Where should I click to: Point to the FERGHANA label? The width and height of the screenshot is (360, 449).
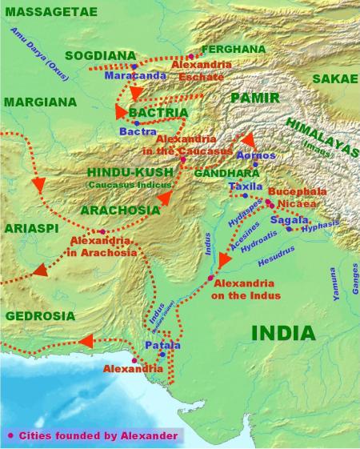coord(233,49)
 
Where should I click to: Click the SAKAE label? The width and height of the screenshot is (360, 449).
coord(334,78)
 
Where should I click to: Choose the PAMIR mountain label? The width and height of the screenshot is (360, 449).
coord(255,98)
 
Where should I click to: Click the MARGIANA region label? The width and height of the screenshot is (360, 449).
coord(40,102)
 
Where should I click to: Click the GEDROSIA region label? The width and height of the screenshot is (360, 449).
coord(40,316)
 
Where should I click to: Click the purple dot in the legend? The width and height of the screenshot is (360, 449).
coord(11,435)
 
